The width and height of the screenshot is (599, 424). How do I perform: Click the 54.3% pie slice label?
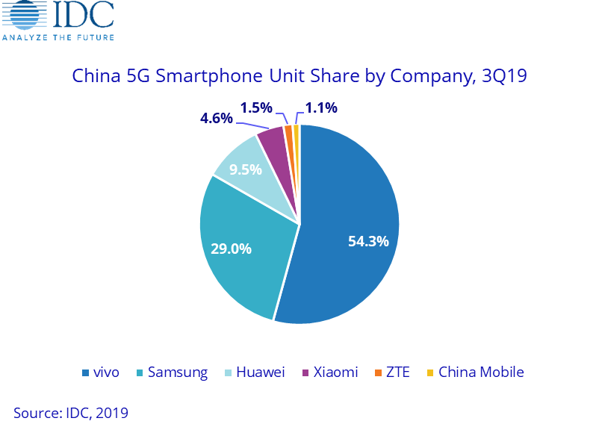368,241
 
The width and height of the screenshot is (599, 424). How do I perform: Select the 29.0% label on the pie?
231,249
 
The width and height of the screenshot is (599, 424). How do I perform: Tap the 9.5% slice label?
245,169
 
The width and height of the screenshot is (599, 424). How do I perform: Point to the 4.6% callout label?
216,118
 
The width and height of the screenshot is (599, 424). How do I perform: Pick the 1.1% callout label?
321,108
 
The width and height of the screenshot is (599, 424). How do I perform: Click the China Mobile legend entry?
475,372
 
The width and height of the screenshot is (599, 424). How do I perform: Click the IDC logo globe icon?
21,16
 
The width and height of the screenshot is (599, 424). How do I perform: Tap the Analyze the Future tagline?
58,37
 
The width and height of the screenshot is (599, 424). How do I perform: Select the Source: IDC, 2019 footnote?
71,412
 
